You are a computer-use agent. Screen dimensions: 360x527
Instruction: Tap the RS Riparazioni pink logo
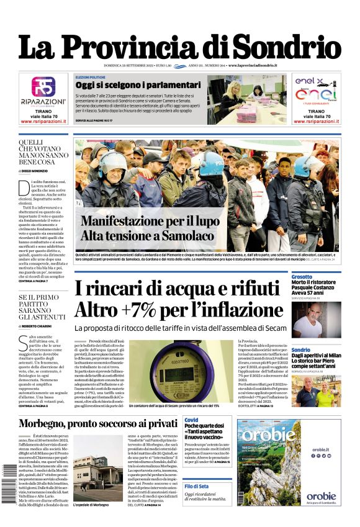pyautogui.click(x=43, y=86)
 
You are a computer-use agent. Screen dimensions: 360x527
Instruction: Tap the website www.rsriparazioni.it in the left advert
pyautogui.click(x=43, y=121)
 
